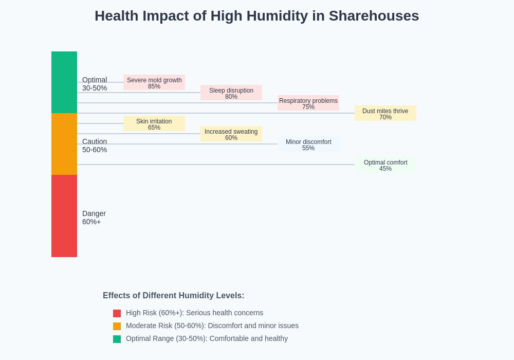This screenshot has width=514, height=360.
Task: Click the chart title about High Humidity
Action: coord(256,16)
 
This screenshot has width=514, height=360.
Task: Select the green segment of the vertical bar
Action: coord(64,82)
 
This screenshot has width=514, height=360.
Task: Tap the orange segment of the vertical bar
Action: coord(64,144)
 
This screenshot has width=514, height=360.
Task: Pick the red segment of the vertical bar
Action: coord(64,216)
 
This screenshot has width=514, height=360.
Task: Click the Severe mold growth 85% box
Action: coord(154,82)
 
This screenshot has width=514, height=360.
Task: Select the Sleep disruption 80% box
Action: coord(231,93)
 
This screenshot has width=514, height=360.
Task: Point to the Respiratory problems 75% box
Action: coord(308,103)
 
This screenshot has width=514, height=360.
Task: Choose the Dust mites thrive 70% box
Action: coord(385,113)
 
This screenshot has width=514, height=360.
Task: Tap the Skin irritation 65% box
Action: coord(154,123)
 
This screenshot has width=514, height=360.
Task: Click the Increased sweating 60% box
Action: coord(231,134)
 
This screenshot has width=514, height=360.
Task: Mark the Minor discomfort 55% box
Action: coord(308,144)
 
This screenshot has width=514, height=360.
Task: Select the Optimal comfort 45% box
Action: coord(385,165)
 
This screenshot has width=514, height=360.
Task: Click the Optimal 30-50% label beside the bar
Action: coord(95,84)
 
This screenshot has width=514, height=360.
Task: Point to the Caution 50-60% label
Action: coord(95,146)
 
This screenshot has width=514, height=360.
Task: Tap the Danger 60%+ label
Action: coord(94,218)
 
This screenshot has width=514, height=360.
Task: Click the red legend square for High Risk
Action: coord(117,313)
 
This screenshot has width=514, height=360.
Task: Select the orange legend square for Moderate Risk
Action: coord(117,326)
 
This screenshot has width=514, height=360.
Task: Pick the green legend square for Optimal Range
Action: coord(117,339)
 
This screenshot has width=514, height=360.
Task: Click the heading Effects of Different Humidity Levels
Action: coord(173,296)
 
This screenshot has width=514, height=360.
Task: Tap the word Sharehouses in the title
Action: coord(374,16)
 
